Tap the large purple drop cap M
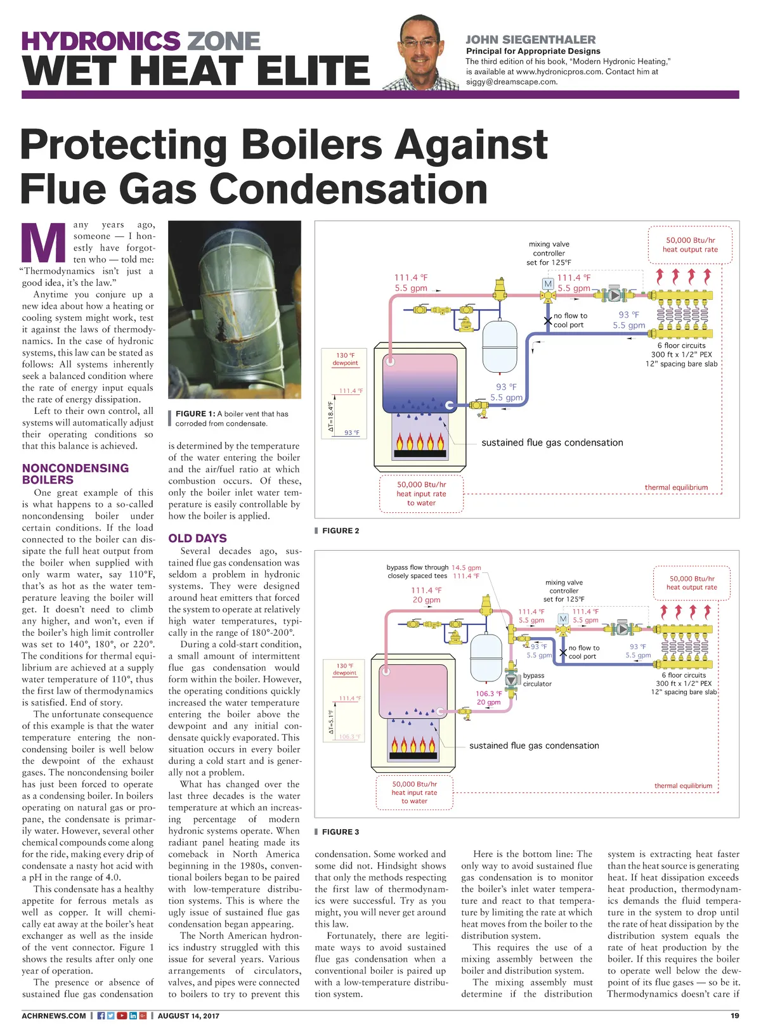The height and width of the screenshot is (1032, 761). pyautogui.click(x=44, y=243)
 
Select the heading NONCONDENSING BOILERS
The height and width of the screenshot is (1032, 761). pyautogui.click(x=75, y=474)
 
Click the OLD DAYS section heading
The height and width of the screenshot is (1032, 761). pyautogui.click(x=197, y=538)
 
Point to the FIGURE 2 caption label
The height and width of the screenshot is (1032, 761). pyautogui.click(x=340, y=531)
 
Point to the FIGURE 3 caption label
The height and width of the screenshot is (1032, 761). pyautogui.click(x=340, y=832)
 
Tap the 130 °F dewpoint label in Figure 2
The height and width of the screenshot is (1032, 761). pyautogui.click(x=345, y=359)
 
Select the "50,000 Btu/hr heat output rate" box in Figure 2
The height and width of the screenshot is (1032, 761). pyautogui.click(x=690, y=245)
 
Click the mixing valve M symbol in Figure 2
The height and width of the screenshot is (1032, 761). pyautogui.click(x=548, y=284)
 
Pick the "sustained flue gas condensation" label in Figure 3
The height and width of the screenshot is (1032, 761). pyautogui.click(x=534, y=745)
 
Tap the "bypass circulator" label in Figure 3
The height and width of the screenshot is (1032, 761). pyautogui.click(x=537, y=680)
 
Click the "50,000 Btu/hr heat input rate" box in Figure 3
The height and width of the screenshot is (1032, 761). pyautogui.click(x=414, y=792)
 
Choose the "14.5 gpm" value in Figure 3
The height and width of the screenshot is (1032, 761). pyautogui.click(x=466, y=567)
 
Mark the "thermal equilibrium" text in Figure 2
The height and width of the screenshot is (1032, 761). pyautogui.click(x=676, y=487)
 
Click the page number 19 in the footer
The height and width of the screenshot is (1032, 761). pyautogui.click(x=734, y=1016)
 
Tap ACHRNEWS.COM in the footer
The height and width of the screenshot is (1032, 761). pyautogui.click(x=54, y=1016)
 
